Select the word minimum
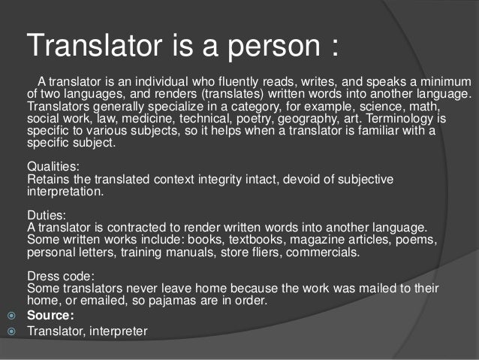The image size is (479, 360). [444, 81]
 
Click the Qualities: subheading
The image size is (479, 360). [52, 166]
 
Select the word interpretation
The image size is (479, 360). [64, 192]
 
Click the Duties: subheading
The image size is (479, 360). [47, 214]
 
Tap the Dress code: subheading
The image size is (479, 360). [61, 276]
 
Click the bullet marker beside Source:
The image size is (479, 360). [12, 316]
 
